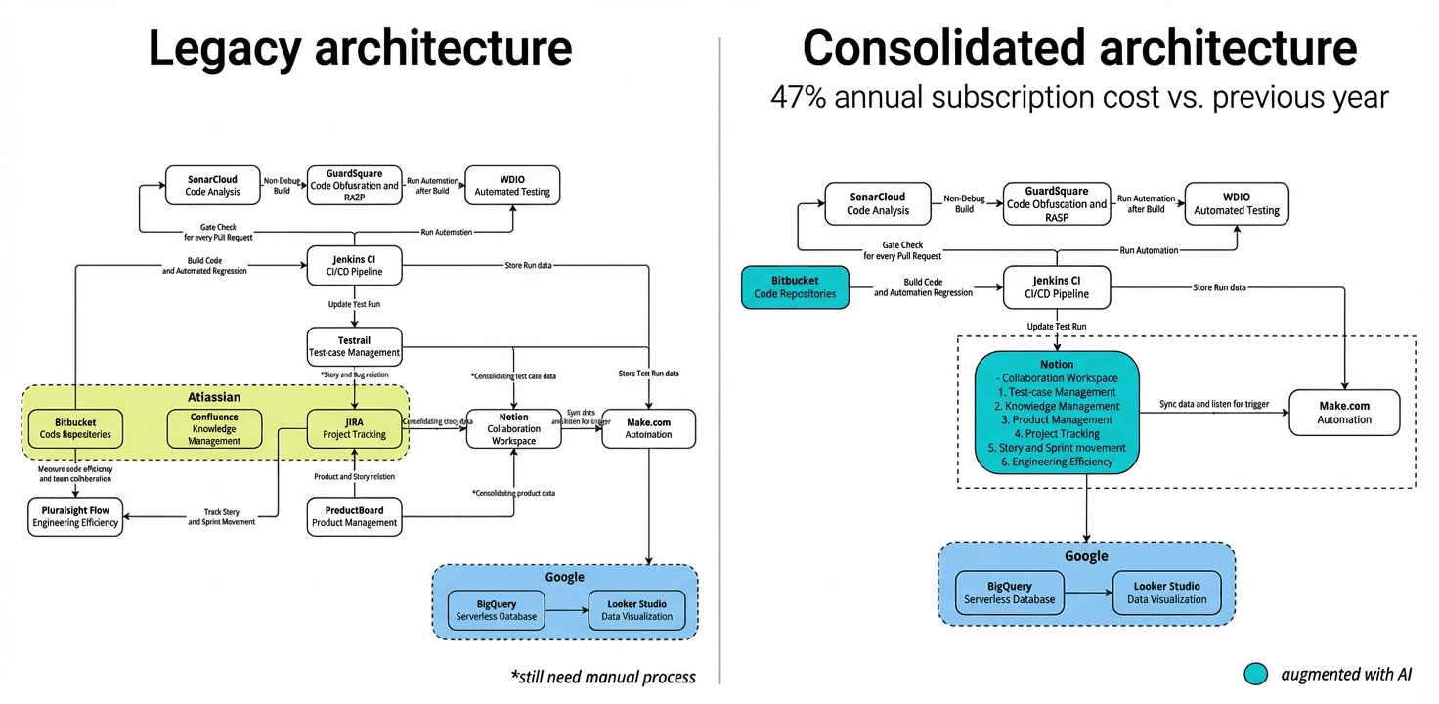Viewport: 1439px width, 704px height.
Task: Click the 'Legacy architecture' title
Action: click(x=360, y=49)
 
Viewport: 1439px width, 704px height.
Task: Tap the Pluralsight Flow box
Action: click(x=75, y=516)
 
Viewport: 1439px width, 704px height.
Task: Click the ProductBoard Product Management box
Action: click(x=354, y=516)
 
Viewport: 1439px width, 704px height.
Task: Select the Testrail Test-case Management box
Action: click(x=354, y=346)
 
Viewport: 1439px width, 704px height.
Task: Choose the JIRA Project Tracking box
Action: click(x=354, y=428)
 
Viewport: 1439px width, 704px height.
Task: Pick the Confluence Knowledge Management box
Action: click(x=214, y=428)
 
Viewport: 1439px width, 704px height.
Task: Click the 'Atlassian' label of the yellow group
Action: click(x=214, y=398)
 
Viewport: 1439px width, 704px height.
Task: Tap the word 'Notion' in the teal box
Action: click(x=1057, y=365)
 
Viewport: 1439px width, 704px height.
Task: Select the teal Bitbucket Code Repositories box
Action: click(x=795, y=286)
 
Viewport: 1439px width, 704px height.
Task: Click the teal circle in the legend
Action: click(x=1256, y=674)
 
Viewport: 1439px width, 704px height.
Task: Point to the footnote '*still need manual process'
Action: click(x=603, y=677)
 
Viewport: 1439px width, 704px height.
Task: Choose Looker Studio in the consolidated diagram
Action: click(x=1166, y=593)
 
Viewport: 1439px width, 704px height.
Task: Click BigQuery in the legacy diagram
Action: click(x=497, y=610)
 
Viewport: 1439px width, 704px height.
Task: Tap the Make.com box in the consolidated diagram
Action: click(x=1344, y=413)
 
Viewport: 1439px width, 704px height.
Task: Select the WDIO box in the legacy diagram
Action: click(x=512, y=185)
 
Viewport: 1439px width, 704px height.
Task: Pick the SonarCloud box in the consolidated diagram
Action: click(x=878, y=203)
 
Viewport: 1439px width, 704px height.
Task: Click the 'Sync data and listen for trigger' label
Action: click(x=1213, y=403)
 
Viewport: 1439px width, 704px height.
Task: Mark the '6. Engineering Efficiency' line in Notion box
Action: click(x=1057, y=462)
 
